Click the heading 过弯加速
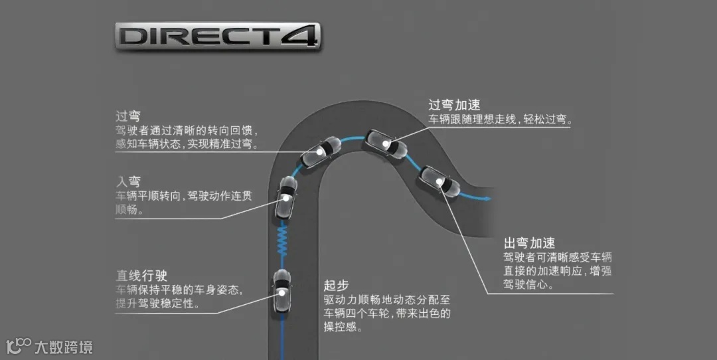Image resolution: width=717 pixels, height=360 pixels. click(x=454, y=105)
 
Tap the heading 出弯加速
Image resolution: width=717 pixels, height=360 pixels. click(x=529, y=244)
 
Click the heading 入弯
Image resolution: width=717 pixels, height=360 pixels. click(x=128, y=181)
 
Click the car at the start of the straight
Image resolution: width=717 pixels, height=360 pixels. click(x=282, y=292)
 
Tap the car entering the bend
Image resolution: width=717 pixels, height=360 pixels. click(x=286, y=197)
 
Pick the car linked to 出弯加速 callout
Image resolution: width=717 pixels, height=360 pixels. click(x=439, y=181)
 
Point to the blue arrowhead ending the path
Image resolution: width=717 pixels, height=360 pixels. click(x=489, y=198)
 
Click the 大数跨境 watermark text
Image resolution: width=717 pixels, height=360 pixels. click(x=64, y=347)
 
